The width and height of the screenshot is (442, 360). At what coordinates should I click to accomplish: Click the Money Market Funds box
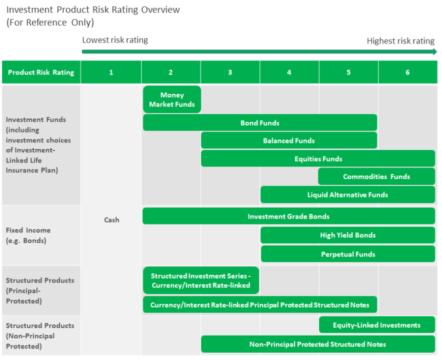pos(172,99)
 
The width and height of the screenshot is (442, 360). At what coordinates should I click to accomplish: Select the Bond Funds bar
pos(260,122)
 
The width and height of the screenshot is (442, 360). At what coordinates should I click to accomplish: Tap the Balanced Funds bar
pos(289,140)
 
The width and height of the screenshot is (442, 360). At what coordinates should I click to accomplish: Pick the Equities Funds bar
pos(318,158)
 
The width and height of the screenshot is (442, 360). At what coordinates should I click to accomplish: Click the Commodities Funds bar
pos(376,176)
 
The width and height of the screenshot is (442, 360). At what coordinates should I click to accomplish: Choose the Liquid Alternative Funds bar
pos(347,194)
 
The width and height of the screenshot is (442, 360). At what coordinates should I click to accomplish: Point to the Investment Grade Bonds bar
pos(289,216)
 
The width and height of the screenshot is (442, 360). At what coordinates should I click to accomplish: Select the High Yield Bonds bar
pos(347,235)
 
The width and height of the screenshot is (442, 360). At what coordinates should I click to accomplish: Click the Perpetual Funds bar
pos(347,254)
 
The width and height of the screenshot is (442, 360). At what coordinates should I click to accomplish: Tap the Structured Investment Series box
pos(201,280)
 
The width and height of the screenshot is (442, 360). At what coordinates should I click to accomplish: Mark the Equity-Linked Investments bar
pos(376,325)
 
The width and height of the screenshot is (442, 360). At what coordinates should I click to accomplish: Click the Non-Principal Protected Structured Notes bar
pos(317,344)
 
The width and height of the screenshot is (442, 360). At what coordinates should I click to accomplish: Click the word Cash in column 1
pos(111,219)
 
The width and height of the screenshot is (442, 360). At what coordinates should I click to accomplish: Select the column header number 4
pos(289,72)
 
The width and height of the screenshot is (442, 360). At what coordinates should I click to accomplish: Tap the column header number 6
pos(407,72)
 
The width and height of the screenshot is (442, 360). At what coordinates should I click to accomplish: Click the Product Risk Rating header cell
pos(41,72)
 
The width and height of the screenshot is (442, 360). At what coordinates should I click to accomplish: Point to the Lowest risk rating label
pos(115,40)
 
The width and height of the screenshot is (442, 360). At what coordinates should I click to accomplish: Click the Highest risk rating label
pos(400,41)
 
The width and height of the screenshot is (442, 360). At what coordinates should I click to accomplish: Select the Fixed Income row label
pos(28,235)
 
